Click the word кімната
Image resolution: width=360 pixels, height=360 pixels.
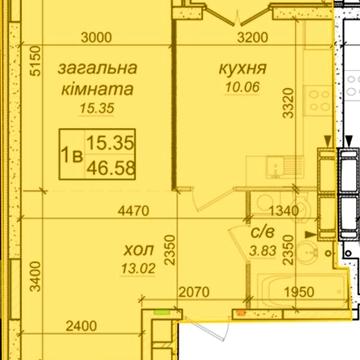(x=95, y=88)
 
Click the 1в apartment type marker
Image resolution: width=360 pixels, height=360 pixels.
(x=72, y=155)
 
